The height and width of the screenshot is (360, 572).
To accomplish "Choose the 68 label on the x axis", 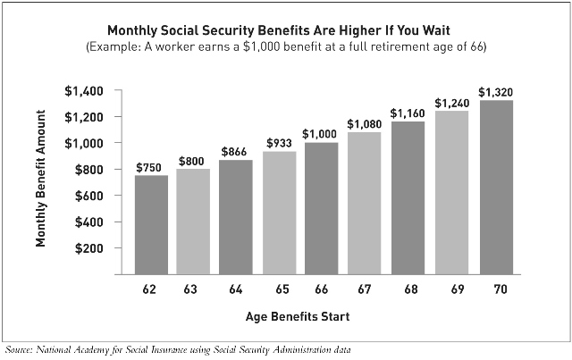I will [x=411, y=290].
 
